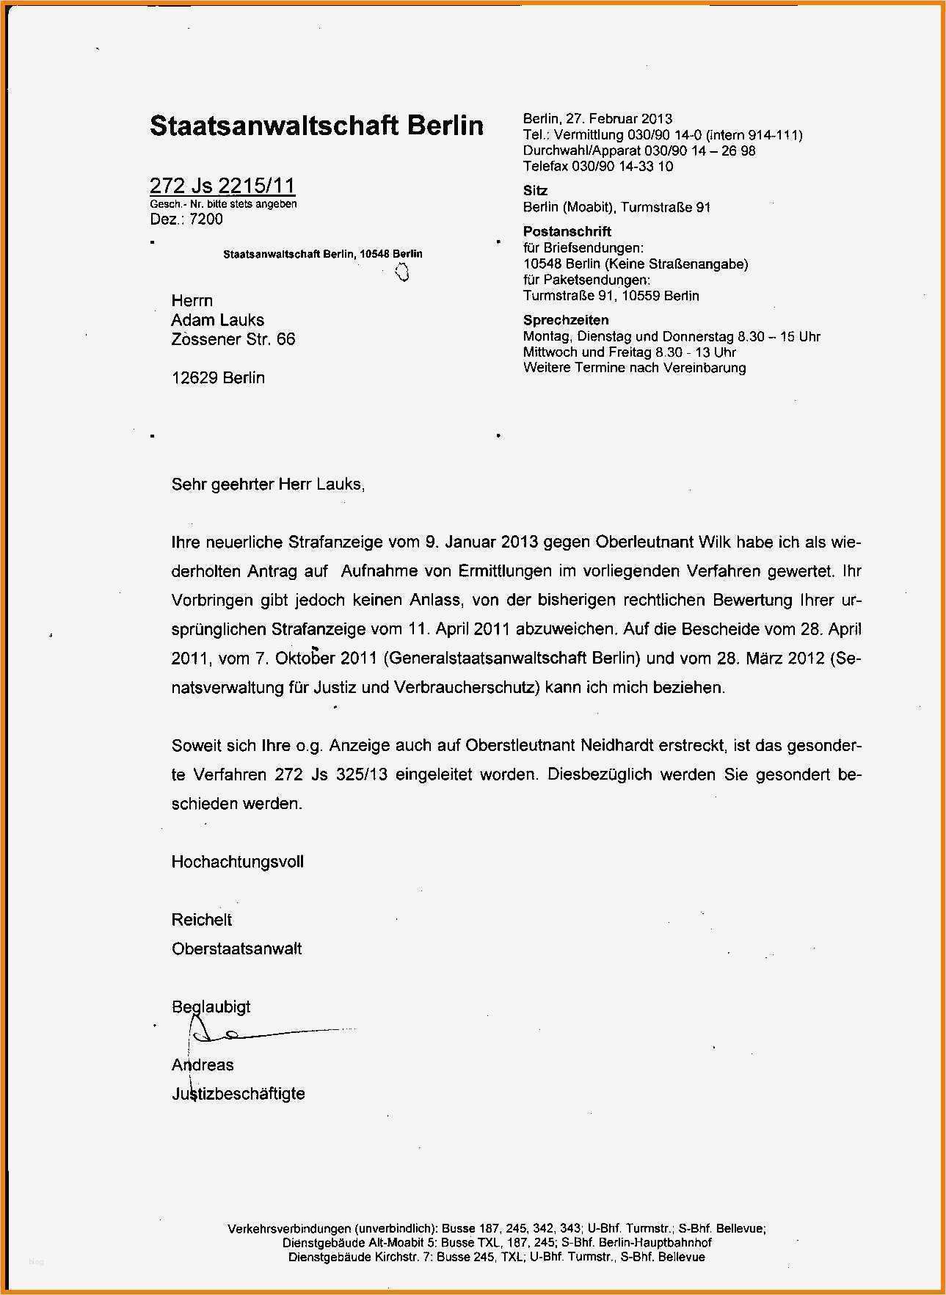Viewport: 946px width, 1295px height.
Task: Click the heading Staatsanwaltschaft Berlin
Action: click(x=316, y=126)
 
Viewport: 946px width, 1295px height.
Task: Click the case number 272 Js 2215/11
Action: click(x=222, y=186)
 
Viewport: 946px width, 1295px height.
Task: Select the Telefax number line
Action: click(x=597, y=166)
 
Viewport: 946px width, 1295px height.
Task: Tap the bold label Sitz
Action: click(x=535, y=190)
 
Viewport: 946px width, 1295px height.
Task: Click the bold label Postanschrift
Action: click(x=567, y=231)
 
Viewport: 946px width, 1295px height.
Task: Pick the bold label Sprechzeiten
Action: click(x=565, y=320)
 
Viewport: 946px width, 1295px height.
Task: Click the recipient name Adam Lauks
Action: click(x=217, y=320)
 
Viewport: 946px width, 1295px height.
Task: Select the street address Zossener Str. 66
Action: click(x=233, y=339)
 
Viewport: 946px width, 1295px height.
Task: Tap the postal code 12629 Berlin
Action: click(x=217, y=378)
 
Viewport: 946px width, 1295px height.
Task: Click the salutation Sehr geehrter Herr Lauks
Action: click(x=267, y=485)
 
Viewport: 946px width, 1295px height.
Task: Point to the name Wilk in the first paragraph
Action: click(x=714, y=543)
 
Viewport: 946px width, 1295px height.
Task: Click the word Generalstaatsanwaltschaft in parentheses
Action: click(x=510, y=659)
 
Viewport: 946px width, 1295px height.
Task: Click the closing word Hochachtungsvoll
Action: click(x=237, y=862)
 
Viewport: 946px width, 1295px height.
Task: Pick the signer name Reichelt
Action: click(x=201, y=920)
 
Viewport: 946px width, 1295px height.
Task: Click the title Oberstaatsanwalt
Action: click(x=236, y=948)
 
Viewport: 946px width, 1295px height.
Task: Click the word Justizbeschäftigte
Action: click(x=238, y=1094)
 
